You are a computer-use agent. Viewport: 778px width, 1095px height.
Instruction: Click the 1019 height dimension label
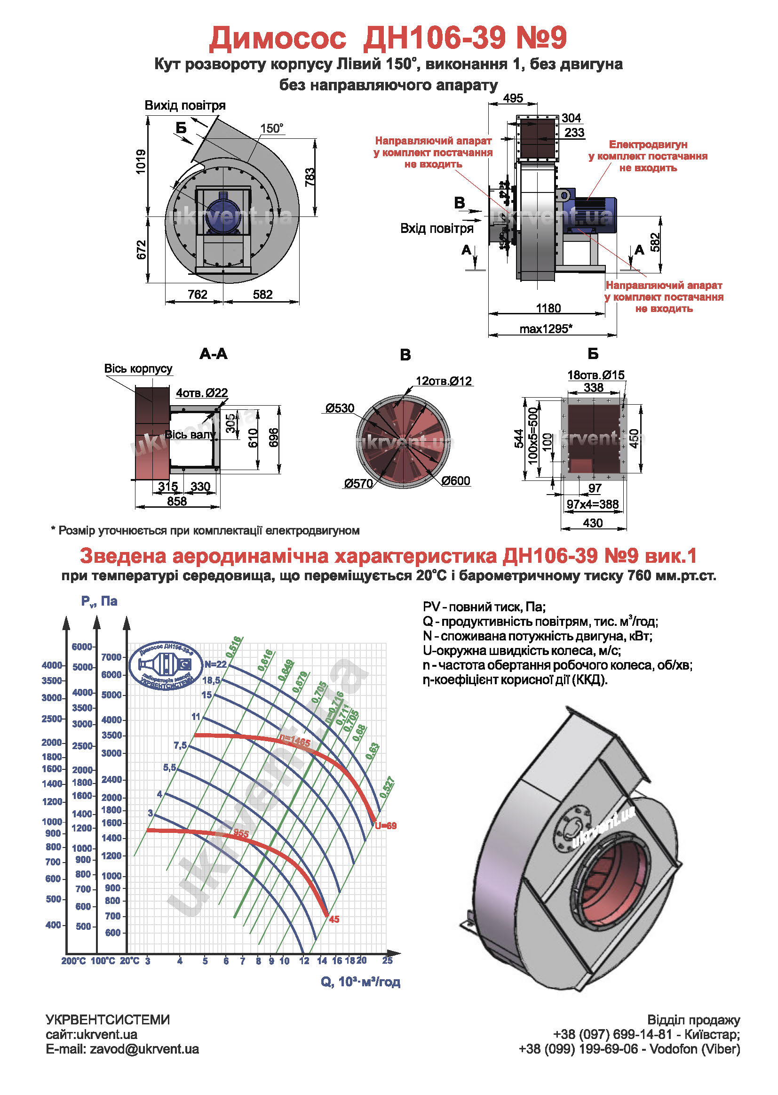click(x=141, y=161)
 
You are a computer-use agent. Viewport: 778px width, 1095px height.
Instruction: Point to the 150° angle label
click(x=271, y=128)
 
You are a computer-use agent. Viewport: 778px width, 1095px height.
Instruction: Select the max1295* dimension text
click(x=546, y=329)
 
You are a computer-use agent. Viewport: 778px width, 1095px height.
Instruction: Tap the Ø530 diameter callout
click(x=340, y=408)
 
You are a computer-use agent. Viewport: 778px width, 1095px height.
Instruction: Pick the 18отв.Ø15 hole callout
click(x=596, y=375)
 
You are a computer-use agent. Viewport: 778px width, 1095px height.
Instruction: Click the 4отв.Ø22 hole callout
click(x=202, y=393)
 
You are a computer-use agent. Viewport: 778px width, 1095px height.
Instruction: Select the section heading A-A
click(x=213, y=354)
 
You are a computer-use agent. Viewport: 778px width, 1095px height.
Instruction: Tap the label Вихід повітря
click(x=185, y=105)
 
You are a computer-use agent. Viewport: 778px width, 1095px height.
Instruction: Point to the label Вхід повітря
click(x=437, y=229)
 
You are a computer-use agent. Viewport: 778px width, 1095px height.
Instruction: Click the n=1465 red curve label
click(x=295, y=742)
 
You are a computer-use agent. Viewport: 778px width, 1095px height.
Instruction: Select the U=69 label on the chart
click(x=386, y=826)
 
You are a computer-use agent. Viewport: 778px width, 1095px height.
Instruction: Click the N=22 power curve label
click(x=215, y=664)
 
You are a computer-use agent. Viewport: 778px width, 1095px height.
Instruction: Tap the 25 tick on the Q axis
click(x=387, y=960)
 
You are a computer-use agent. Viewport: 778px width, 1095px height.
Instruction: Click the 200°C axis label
click(x=73, y=961)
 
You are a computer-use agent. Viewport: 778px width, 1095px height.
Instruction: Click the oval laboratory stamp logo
click(x=165, y=666)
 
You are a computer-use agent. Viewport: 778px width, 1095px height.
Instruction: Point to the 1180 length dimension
click(x=548, y=308)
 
